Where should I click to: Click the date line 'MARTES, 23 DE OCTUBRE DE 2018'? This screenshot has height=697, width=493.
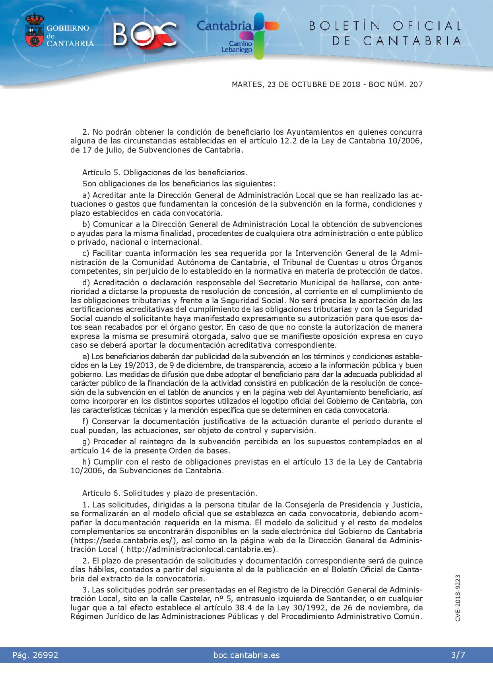295,85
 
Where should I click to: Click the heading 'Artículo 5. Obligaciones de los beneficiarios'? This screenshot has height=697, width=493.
165,172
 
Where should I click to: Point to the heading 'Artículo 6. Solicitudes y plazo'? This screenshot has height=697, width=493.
169,493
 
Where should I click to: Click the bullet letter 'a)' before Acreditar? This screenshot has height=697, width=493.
86,195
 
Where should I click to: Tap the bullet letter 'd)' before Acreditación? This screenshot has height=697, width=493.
86,283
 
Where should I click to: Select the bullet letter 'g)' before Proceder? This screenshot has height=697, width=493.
86,441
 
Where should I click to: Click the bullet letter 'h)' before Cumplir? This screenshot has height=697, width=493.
86,462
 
